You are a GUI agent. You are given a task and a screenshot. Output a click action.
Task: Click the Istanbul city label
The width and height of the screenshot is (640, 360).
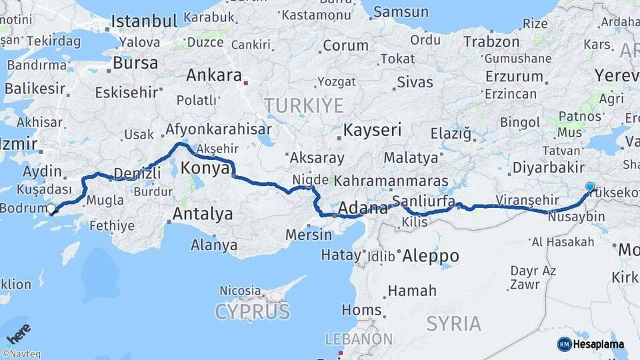[x=145, y=21]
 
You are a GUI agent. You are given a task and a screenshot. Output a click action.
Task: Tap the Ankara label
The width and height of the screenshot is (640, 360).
[x=213, y=75]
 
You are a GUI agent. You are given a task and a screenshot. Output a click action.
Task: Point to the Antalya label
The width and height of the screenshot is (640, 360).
[x=203, y=214]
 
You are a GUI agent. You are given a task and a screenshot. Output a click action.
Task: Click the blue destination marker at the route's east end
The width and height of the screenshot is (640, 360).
[x=589, y=187]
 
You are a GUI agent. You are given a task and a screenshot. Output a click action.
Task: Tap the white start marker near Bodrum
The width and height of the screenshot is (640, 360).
[x=51, y=209]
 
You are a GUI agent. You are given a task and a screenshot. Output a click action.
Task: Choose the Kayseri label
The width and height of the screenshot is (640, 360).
[x=373, y=129]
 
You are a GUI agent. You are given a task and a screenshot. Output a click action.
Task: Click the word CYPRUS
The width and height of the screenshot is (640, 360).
[x=253, y=311]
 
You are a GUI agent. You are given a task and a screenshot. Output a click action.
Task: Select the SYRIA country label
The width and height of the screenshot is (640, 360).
[x=453, y=324]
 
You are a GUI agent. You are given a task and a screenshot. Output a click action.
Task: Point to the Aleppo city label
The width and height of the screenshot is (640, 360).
[x=430, y=256]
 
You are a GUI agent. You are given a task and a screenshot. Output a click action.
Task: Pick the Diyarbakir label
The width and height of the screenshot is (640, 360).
[x=549, y=167]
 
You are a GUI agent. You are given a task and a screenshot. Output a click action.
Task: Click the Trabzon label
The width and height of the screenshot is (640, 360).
[x=491, y=42]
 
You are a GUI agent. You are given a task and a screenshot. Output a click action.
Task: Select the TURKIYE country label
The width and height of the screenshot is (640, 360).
[x=303, y=105]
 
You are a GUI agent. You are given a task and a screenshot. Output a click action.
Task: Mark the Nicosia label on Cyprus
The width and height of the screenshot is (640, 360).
[x=240, y=291]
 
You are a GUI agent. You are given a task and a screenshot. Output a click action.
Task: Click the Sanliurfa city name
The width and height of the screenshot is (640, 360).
[x=424, y=201]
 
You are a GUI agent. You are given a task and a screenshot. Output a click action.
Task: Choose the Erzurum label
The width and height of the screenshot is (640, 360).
[x=514, y=75]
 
